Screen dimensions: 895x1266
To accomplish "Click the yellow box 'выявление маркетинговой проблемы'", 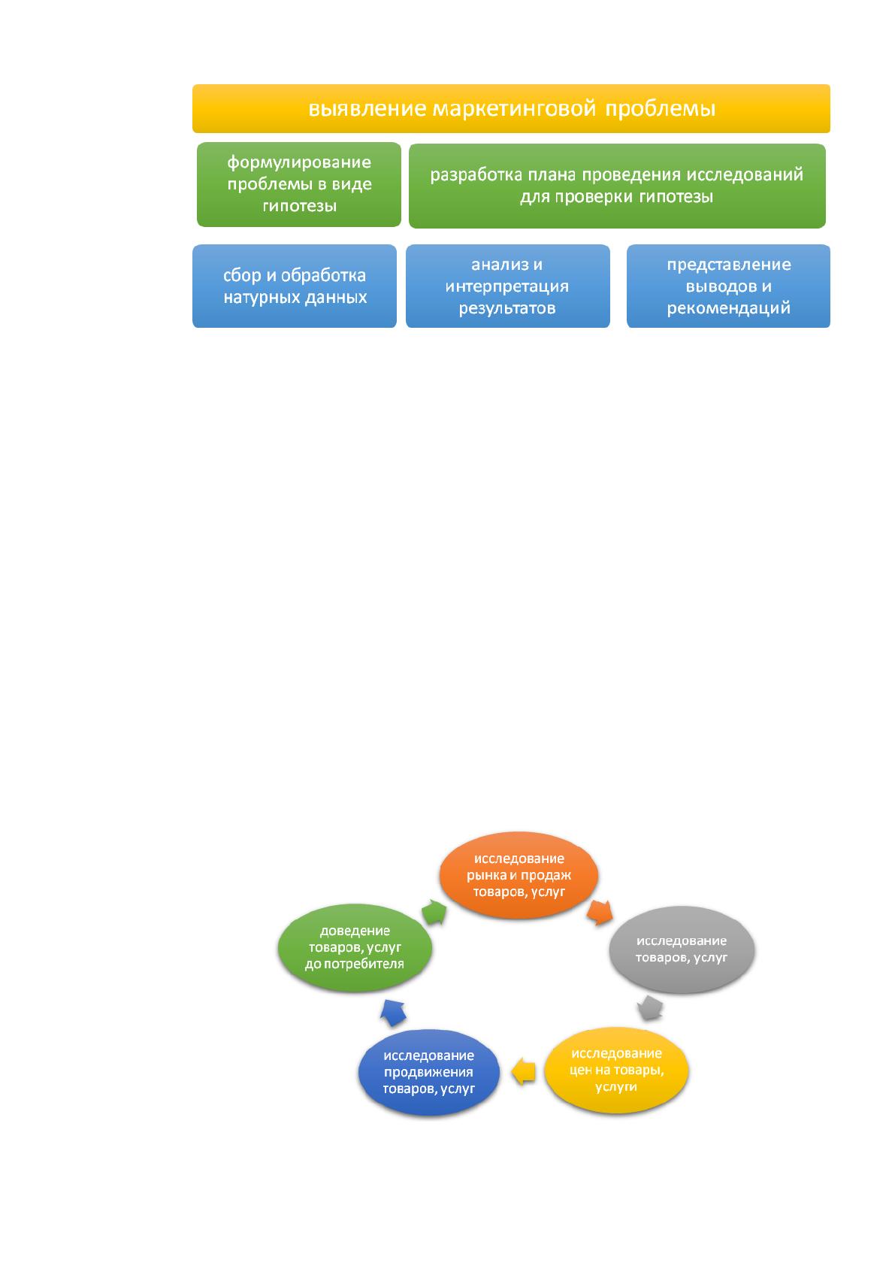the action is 511,108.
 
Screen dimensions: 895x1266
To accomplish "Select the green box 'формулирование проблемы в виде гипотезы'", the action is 299,184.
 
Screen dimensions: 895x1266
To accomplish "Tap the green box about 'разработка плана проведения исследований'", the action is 617,186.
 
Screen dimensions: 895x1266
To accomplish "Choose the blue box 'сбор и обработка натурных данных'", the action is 295,286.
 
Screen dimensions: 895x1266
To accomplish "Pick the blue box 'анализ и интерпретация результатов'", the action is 507,286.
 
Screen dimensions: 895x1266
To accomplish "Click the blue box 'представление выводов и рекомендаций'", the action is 728,286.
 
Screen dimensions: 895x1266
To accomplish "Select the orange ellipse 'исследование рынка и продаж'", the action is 519,874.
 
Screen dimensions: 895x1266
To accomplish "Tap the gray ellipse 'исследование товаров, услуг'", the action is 682,949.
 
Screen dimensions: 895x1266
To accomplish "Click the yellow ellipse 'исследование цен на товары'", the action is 616,1069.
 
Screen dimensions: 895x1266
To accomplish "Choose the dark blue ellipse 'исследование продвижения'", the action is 429,1071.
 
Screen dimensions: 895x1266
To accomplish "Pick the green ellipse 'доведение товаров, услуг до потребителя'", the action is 355,947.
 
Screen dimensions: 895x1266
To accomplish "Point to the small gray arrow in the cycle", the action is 650,1007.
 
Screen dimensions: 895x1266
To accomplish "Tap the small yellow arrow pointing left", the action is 523,1071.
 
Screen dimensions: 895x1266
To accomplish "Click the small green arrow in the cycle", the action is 434,912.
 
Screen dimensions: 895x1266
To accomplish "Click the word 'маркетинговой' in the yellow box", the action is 514,108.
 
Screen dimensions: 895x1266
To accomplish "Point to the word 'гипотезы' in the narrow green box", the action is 300,206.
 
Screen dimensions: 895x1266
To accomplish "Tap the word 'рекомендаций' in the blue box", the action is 728,308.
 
